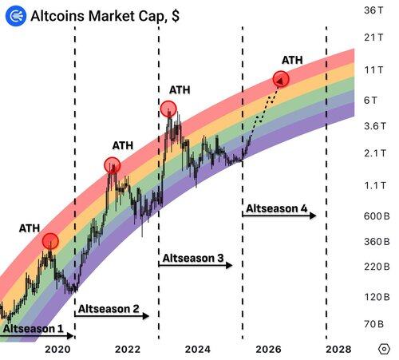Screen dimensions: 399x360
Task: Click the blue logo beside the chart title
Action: point(16,16)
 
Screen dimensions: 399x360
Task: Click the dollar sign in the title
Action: point(176,16)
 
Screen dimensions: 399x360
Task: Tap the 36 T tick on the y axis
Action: point(373,10)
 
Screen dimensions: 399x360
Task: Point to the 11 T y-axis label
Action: point(373,70)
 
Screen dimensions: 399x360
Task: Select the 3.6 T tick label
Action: point(375,126)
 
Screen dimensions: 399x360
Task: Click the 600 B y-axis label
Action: point(377,216)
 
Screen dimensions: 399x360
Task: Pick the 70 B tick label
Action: point(373,324)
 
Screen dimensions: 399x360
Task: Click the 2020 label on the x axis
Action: point(57,349)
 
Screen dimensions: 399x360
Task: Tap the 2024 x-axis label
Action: point(198,349)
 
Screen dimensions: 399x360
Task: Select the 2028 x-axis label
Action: point(338,349)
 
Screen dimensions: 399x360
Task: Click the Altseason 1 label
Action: point(34,329)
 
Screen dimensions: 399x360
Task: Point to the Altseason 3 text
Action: point(193,258)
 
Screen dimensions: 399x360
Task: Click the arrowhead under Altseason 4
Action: point(313,216)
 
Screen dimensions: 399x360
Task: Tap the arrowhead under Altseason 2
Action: point(145,316)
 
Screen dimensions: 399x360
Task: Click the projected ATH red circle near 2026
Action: point(281,79)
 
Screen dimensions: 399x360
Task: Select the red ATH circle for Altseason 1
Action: point(50,241)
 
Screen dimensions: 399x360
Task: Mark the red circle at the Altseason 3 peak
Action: point(168,109)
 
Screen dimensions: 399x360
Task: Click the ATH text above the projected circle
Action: point(292,60)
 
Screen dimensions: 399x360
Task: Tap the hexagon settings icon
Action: point(384,349)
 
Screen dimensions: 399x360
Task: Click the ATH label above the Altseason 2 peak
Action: point(123,145)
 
